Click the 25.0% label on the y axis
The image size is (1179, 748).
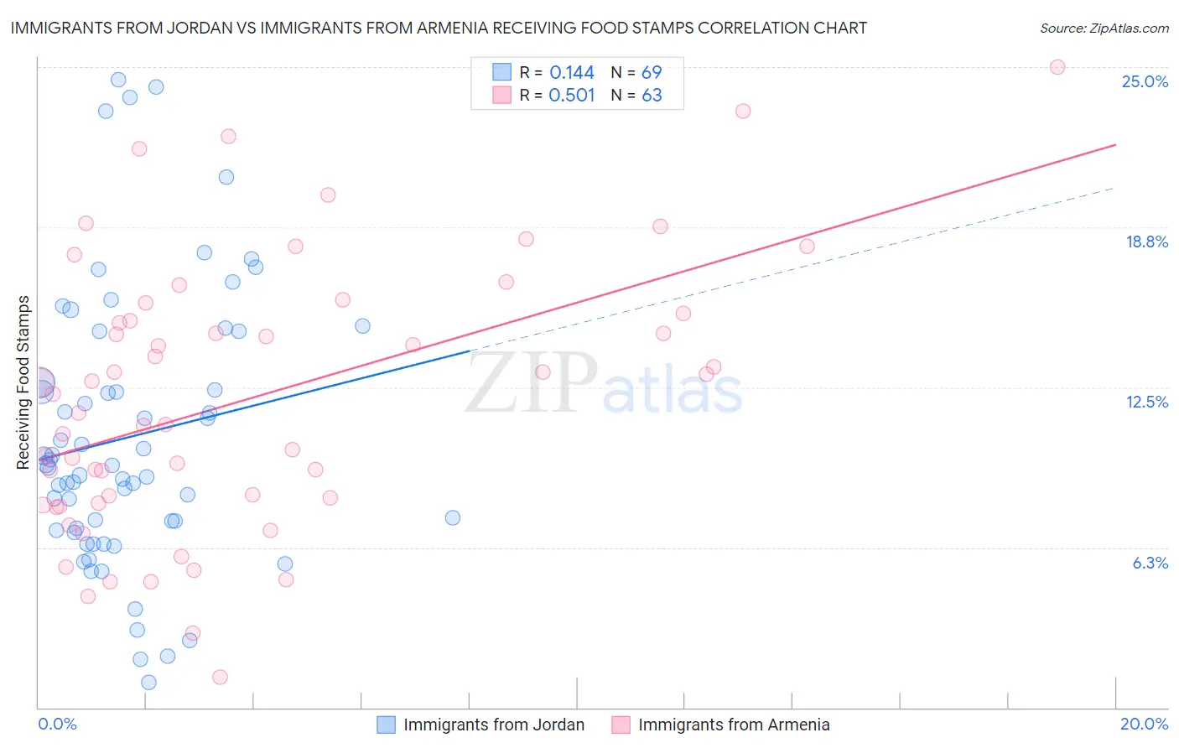[1145, 81]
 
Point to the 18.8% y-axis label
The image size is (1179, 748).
[1146, 242]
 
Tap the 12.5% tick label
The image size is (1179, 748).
[1146, 402]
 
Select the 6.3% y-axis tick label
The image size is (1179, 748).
[1150, 563]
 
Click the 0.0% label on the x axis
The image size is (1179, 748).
[57, 724]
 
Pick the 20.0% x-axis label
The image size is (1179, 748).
[1144, 724]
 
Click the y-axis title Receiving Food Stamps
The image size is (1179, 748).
[23, 382]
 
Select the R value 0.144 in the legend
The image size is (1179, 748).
[572, 73]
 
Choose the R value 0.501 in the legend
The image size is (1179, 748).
[572, 96]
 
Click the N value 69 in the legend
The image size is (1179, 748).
[652, 73]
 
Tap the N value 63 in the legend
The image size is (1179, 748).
[652, 96]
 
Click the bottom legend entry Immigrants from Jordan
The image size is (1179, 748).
[493, 725]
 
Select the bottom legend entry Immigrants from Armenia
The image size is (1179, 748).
[733, 725]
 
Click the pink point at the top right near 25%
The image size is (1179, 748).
[1057, 67]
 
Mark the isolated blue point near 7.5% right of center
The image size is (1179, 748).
[453, 517]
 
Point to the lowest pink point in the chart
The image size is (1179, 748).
[220, 677]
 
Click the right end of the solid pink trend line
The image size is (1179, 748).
[1115, 145]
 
